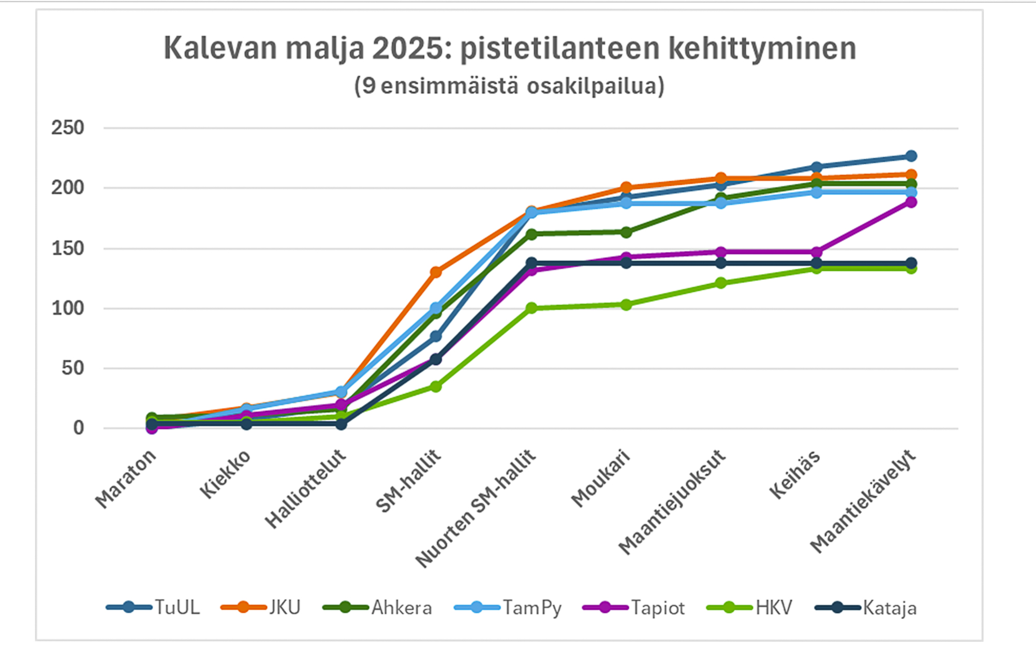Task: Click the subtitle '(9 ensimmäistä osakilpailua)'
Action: (509, 86)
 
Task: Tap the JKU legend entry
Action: (261, 607)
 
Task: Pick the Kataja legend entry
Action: (866, 607)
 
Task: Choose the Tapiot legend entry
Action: (634, 607)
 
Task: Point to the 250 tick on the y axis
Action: (68, 128)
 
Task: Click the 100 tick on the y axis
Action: (68, 308)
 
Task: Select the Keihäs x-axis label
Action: (795, 474)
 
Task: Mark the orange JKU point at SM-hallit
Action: (436, 272)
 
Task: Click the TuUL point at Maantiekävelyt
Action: (911, 156)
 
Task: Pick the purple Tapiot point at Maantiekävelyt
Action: (911, 202)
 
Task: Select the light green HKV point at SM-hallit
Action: (436, 386)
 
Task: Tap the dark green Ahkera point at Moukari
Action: (626, 232)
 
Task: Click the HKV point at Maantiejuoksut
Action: (721, 283)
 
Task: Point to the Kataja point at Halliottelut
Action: (341, 424)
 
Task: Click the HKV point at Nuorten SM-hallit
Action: (531, 308)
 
